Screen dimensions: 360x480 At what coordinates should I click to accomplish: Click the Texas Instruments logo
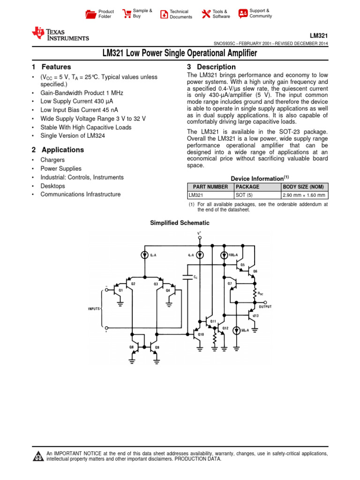pyautogui.click(x=60, y=34)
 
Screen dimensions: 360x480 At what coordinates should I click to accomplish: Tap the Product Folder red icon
pyautogui.click(x=90, y=14)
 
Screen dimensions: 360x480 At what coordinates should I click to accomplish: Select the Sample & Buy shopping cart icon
pyautogui.click(x=127, y=14)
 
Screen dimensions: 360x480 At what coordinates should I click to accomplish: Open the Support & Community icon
pyautogui.click(x=243, y=14)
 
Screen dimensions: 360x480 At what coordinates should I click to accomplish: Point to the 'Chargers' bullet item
pyautogui.click(x=52, y=160)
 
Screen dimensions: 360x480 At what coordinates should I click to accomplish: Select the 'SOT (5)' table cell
pyautogui.click(x=244, y=195)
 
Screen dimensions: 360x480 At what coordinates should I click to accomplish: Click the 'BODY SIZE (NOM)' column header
pyautogui.click(x=303, y=187)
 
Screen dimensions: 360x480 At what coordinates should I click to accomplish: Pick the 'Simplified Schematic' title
pyautogui.click(x=180, y=223)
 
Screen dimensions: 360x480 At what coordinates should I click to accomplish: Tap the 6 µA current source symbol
pyautogui.click(x=144, y=255)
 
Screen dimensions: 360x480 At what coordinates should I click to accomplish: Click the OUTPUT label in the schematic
pyautogui.click(x=265, y=307)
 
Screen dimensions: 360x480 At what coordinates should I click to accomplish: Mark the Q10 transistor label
pyautogui.click(x=201, y=335)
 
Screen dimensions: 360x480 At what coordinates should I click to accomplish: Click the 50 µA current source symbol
pyautogui.click(x=237, y=330)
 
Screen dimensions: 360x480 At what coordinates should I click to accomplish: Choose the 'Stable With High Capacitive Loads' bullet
pyautogui.click(x=86, y=127)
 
